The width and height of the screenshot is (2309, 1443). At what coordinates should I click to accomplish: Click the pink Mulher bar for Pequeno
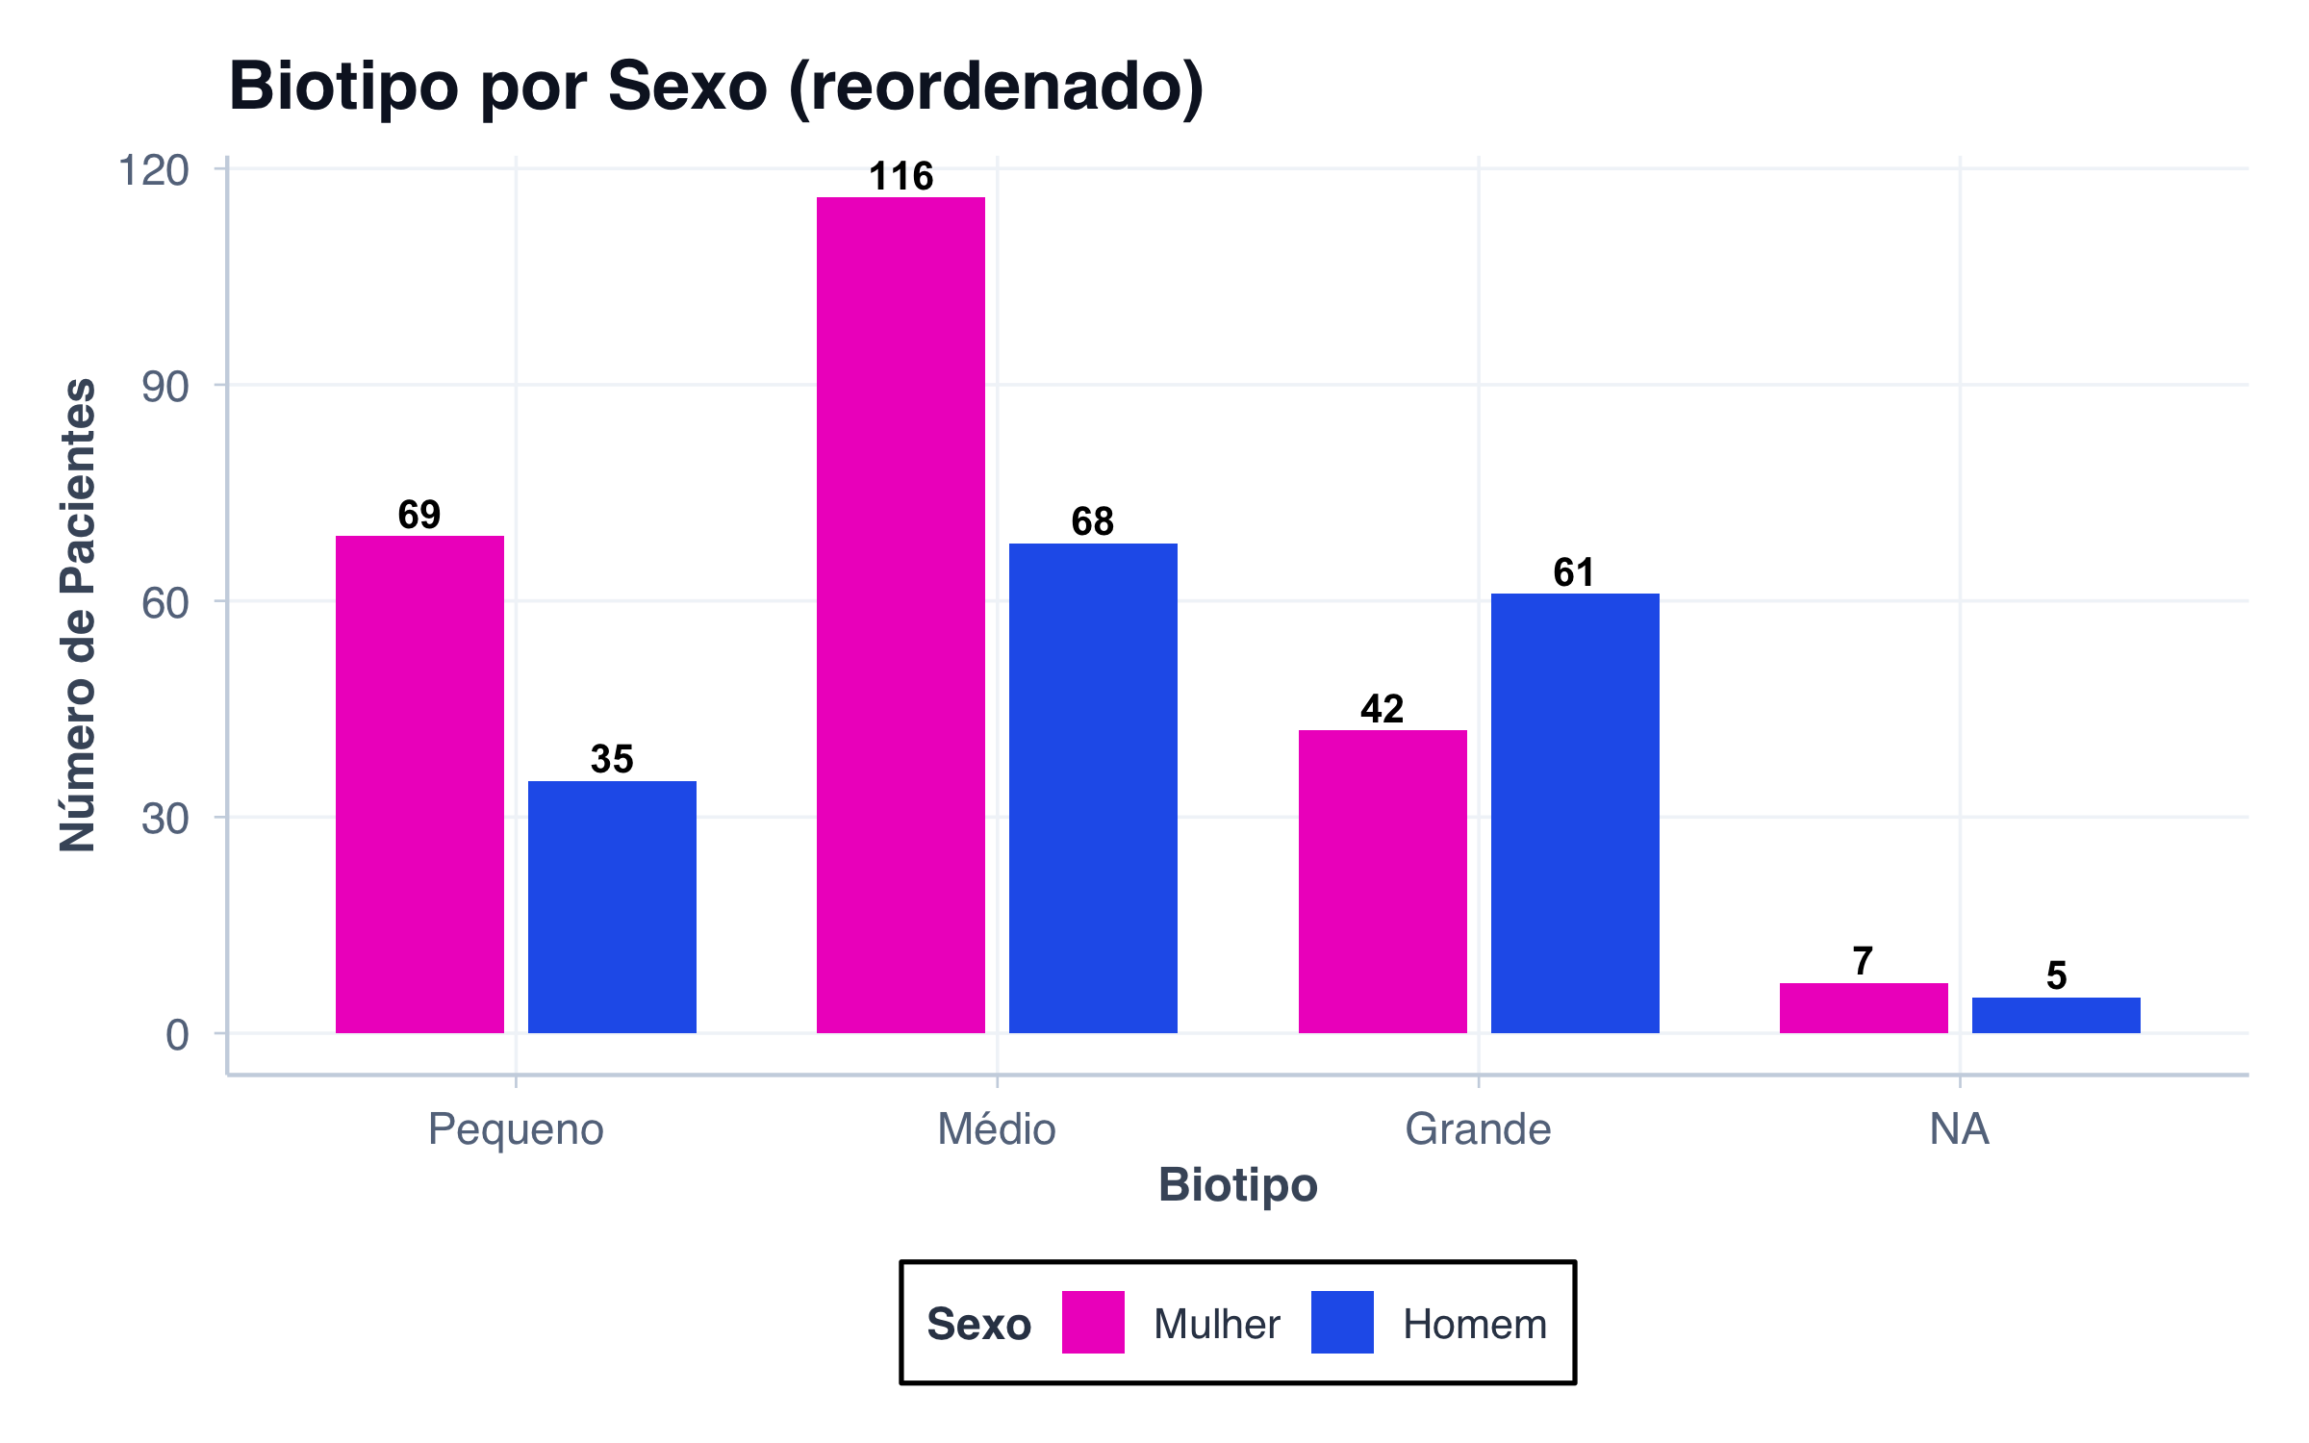(x=419, y=784)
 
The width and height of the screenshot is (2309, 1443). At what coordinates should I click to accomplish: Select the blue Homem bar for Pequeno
(x=612, y=906)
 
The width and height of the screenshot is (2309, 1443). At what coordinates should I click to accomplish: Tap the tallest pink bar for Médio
(x=901, y=615)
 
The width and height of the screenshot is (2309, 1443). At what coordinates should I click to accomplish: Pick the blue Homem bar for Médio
(x=1093, y=788)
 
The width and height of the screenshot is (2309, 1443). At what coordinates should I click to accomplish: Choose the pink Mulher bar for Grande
(x=1383, y=881)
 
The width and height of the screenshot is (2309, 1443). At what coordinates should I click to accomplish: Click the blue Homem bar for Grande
(x=1575, y=813)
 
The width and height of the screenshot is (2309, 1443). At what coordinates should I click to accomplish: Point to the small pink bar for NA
(x=1864, y=1007)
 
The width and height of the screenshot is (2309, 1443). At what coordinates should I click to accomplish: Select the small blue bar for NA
(x=2056, y=1015)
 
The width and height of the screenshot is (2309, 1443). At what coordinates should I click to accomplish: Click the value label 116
(x=901, y=176)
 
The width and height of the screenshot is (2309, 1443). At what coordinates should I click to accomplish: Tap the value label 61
(x=1574, y=572)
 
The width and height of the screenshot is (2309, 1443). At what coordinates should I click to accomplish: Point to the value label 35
(x=612, y=759)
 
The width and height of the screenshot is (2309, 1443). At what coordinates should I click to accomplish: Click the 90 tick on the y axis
(x=165, y=387)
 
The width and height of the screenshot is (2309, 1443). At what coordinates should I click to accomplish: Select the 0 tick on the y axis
(x=177, y=1035)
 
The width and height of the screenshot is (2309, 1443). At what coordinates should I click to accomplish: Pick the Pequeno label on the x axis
(x=516, y=1128)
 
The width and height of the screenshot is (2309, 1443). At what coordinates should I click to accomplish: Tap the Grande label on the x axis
(x=1478, y=1128)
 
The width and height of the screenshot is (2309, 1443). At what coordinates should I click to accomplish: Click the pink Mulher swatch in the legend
(x=1093, y=1322)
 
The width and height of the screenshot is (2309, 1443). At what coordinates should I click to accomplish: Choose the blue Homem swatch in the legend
(x=1342, y=1322)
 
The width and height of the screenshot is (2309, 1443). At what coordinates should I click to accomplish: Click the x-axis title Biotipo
(x=1237, y=1184)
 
